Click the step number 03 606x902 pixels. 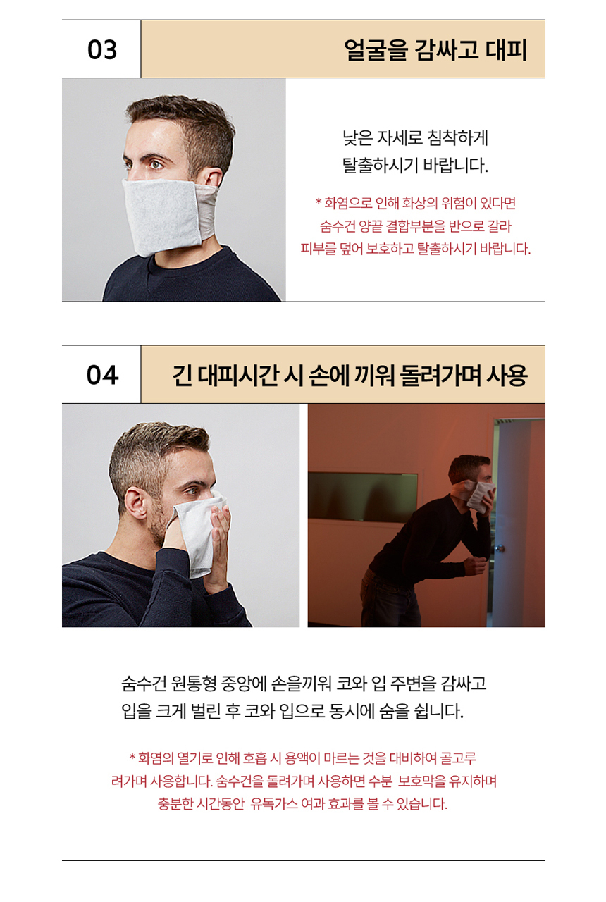pyautogui.click(x=102, y=49)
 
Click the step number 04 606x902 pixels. pyautogui.click(x=102, y=375)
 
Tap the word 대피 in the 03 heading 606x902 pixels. pyautogui.click(x=506, y=50)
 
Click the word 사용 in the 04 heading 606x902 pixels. pyautogui.click(x=507, y=376)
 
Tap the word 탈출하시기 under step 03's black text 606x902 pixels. pyautogui.click(x=379, y=166)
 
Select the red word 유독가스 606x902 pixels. pyautogui.click(x=274, y=804)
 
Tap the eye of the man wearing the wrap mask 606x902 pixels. pyautogui.click(x=156, y=165)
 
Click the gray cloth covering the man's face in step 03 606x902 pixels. pyautogui.click(x=163, y=216)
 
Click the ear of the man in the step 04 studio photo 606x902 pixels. pyautogui.click(x=136, y=503)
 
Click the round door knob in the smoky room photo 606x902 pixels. pyautogui.click(x=500, y=548)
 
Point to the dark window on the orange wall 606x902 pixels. pyautogui.click(x=362, y=496)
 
